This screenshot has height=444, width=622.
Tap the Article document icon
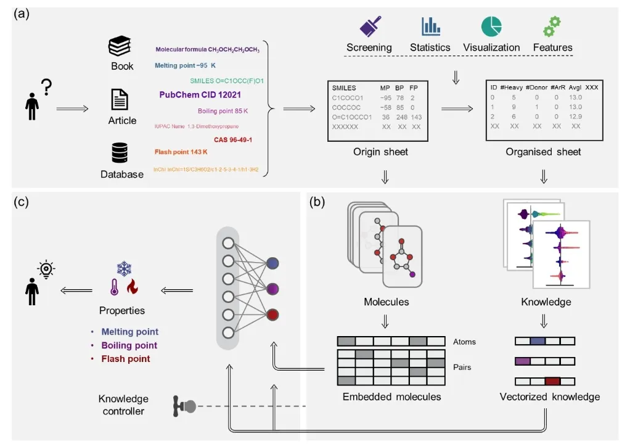[120, 99]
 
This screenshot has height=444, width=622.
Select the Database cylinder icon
[120, 153]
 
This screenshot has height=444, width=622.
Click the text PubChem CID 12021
[200, 95]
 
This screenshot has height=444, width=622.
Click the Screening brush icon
[369, 27]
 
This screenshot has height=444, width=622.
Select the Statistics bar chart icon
[430, 27]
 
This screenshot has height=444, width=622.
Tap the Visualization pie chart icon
[491, 27]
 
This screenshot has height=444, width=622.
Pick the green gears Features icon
[551, 26]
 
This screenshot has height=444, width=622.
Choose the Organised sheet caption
[543, 152]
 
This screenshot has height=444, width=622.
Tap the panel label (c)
[23, 202]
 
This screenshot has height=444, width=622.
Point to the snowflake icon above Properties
[124, 269]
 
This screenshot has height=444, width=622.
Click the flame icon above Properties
[131, 287]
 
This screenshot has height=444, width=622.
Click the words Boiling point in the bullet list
[129, 345]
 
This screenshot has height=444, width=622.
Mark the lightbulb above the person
[45, 269]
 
